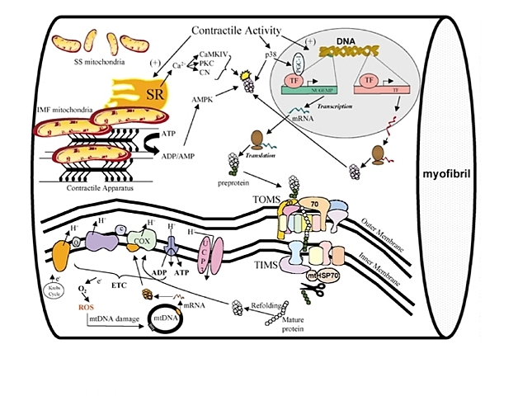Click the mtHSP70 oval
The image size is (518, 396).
click(x=321, y=277)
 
